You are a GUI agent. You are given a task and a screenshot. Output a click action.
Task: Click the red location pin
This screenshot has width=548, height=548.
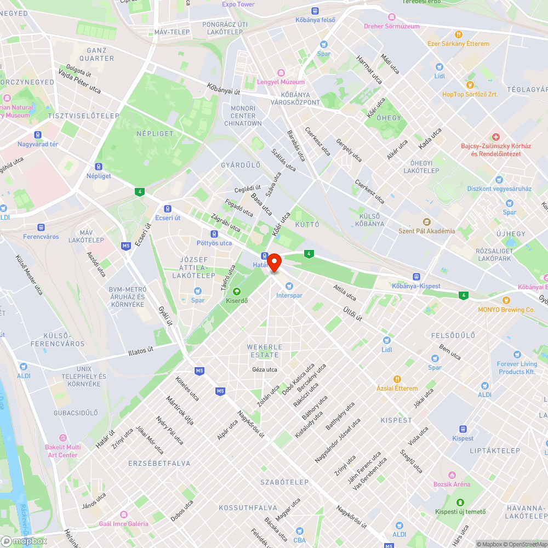tap(274, 262)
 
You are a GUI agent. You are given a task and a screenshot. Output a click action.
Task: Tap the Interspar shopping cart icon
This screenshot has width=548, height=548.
tap(289, 286)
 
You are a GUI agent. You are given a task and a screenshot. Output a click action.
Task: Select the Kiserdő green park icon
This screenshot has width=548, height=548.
tap(237, 291)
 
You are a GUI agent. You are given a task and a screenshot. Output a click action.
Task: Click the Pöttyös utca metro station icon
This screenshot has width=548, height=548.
tap(214, 233)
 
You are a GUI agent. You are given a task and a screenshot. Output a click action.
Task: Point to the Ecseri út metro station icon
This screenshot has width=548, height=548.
tap(167, 208)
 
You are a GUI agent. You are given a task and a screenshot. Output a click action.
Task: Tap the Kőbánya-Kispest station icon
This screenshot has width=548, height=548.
tap(416, 277)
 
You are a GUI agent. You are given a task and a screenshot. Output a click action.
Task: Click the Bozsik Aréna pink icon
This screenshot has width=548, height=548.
tap(452, 475)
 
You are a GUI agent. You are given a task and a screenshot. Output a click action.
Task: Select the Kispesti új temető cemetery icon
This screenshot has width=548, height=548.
tap(460, 502)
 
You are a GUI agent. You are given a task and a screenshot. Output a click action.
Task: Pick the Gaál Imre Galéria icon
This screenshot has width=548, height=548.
tap(123, 514)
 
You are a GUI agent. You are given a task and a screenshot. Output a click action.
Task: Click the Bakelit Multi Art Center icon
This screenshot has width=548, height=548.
tap(62, 438)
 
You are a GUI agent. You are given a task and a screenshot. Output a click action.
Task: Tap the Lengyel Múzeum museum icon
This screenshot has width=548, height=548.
tap(281, 72)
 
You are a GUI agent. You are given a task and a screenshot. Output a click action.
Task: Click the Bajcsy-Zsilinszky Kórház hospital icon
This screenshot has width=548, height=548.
tap(495, 136)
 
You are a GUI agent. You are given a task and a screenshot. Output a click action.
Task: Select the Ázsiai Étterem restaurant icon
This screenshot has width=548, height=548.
tap(397, 379)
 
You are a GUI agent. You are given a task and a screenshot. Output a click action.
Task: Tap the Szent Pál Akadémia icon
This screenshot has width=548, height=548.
tap(426, 221)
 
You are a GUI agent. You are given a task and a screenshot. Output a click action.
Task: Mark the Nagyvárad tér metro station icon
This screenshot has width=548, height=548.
tap(38, 135)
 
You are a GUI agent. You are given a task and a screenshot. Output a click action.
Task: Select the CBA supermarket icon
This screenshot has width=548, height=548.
tap(299, 522)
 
